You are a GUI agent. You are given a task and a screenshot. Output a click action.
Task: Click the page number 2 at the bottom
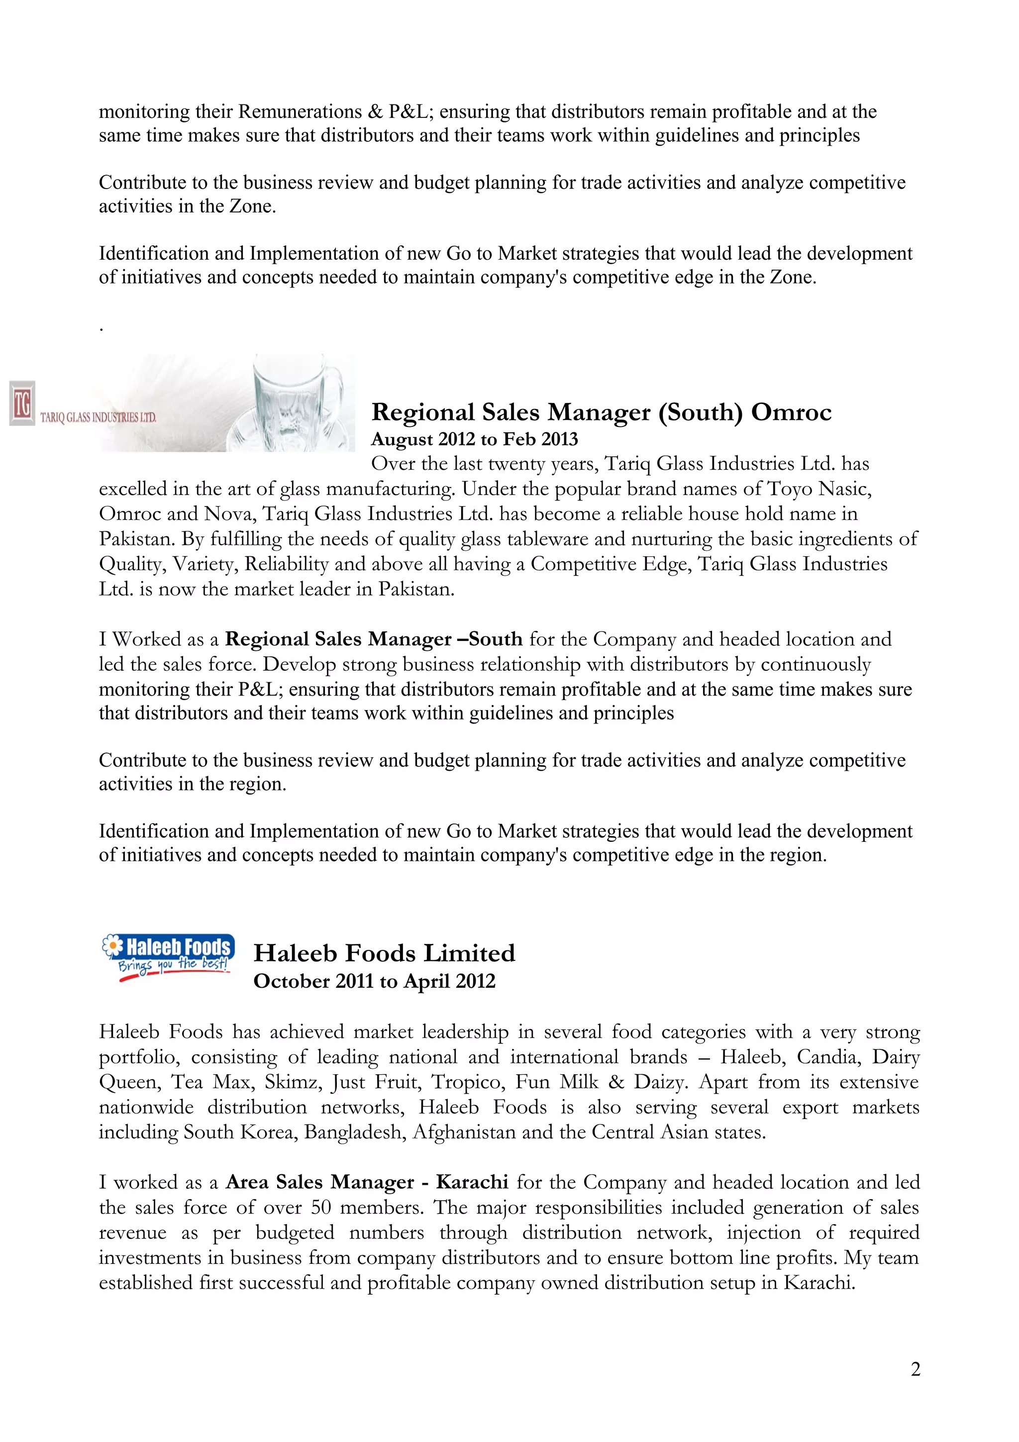(915, 1369)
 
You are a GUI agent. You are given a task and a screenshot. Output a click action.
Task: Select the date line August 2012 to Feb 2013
(475, 439)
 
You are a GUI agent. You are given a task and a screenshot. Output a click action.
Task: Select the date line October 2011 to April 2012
(374, 981)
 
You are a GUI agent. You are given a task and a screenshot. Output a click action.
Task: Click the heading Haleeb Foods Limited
(384, 953)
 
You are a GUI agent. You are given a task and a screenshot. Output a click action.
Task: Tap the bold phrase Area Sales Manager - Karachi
(367, 1182)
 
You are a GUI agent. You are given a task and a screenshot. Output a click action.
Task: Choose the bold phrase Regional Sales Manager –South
(374, 639)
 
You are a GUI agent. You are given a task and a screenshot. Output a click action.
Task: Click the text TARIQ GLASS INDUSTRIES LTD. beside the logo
(98, 417)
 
